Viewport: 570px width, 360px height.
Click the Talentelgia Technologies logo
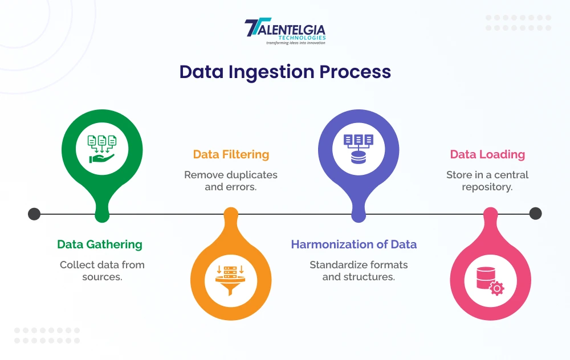[285, 31]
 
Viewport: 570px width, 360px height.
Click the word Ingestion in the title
[271, 72]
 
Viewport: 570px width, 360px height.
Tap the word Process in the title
[355, 72]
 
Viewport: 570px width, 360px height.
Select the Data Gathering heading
[100, 244]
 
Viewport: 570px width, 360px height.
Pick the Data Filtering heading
[231, 154]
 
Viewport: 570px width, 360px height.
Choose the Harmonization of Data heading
[354, 244]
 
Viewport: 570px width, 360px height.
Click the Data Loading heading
[487, 154]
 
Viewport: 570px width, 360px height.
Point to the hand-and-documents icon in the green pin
[102, 149]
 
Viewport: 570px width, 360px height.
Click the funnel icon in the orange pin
[231, 280]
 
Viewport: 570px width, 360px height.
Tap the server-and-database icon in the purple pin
[359, 149]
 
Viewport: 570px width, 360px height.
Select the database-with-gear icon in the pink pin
[490, 281]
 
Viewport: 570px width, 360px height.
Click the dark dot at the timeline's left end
[34, 214]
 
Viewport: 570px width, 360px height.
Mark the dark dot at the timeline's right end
[535, 214]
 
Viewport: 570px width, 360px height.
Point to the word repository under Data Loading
[487, 187]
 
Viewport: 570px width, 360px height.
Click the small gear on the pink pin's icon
[497, 288]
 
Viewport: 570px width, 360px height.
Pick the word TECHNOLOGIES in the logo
[302, 38]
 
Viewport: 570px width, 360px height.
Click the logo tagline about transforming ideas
[295, 43]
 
